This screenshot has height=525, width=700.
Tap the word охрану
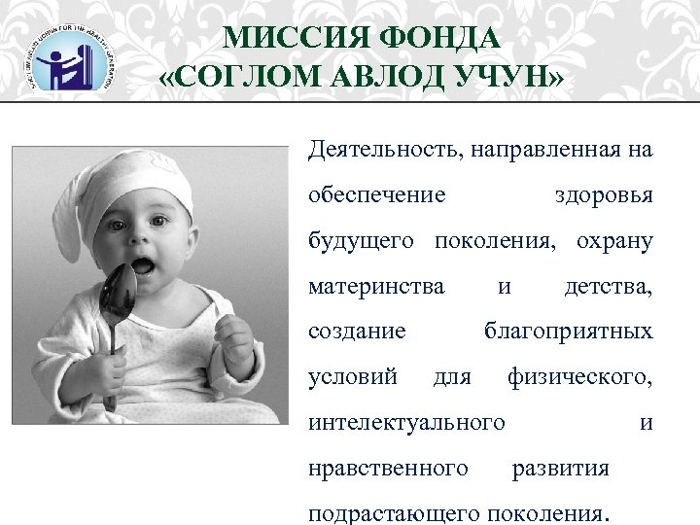coord(614,240)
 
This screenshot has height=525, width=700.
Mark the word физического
coord(580,376)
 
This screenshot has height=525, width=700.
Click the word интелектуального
coord(406,422)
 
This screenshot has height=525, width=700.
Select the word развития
coord(561,468)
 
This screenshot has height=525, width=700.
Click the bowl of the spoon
coord(122,293)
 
